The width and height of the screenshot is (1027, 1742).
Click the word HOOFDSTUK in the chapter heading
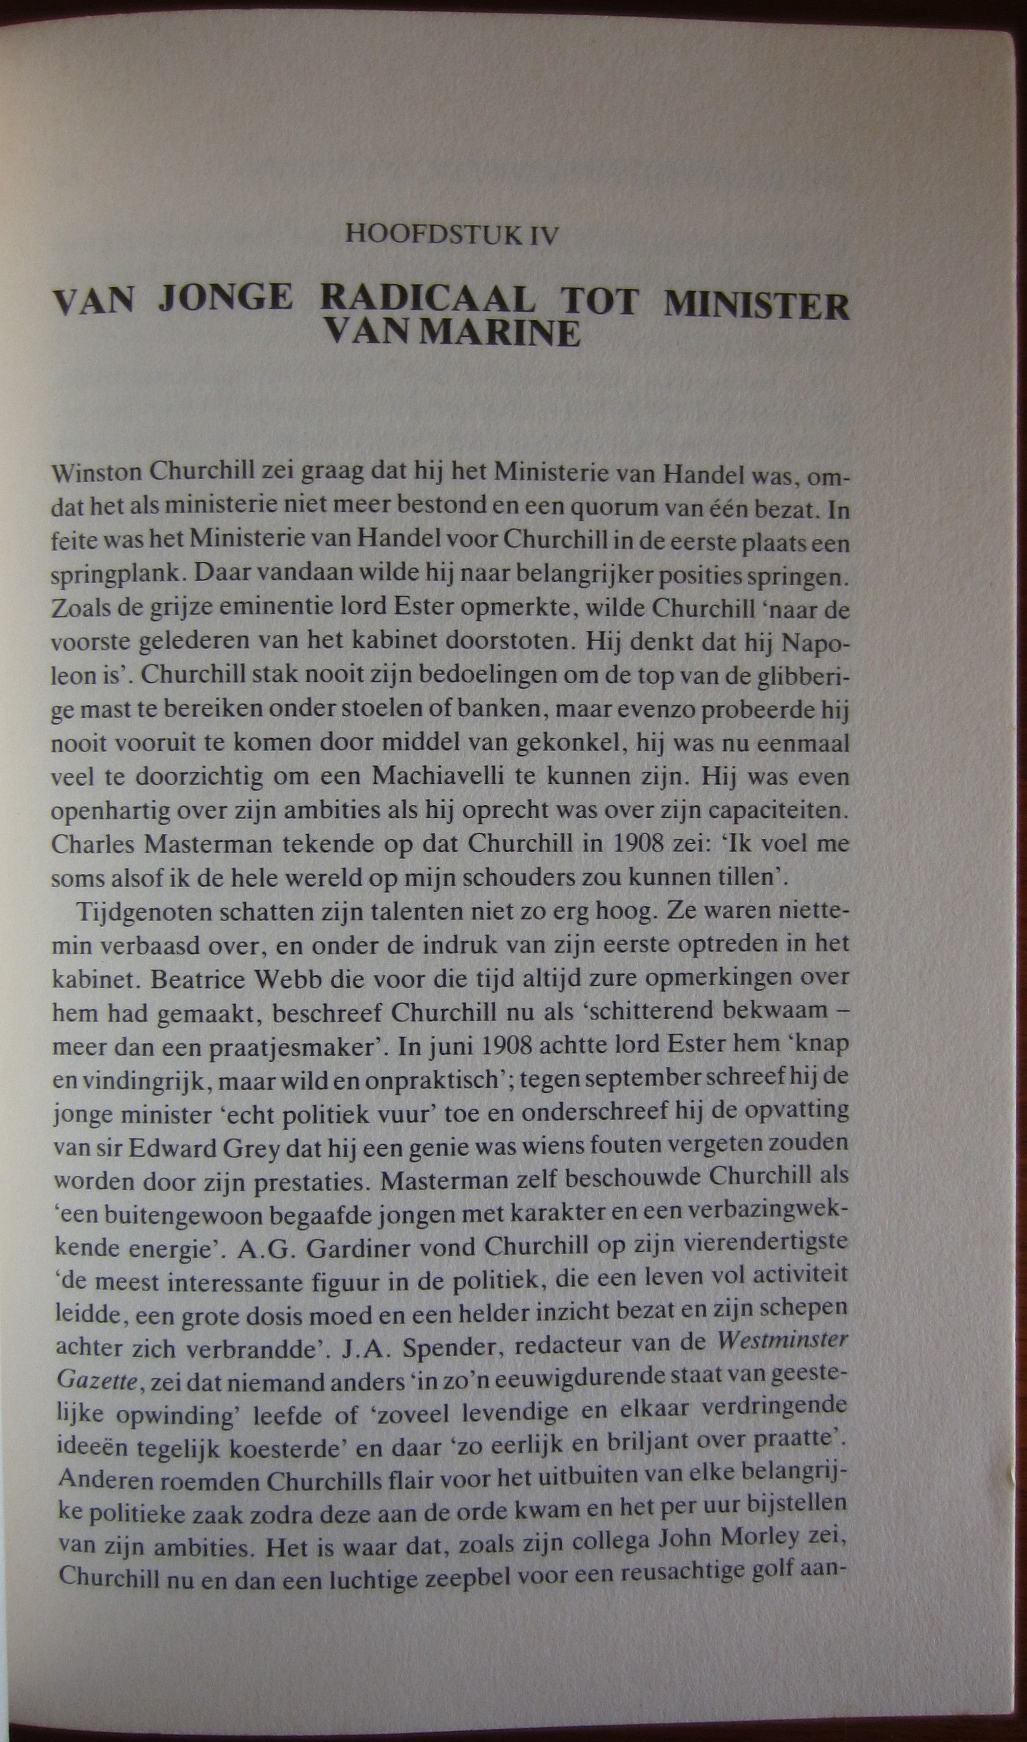(x=433, y=235)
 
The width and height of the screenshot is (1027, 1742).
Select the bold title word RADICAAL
(x=429, y=302)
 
